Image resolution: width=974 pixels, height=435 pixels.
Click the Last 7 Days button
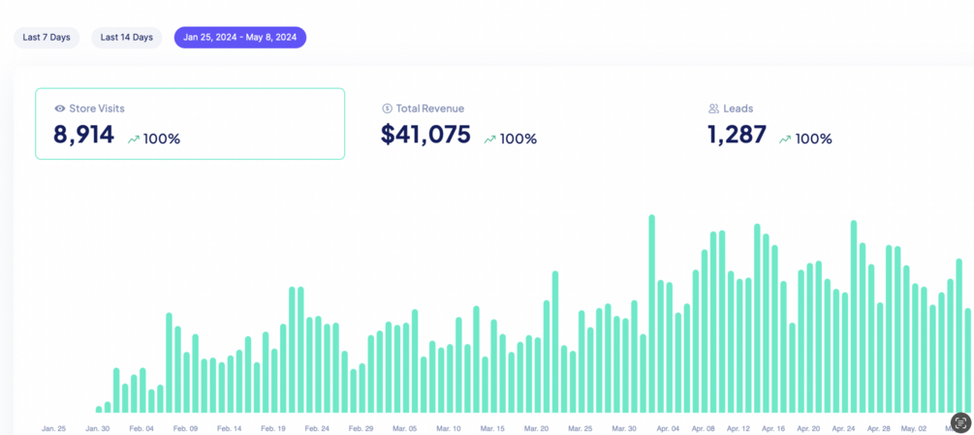pos(47,38)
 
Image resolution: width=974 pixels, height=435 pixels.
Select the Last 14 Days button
pos(127,38)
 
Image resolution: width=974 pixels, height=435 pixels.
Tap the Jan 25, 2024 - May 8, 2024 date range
pos(239,38)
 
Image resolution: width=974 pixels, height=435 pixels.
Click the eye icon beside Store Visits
pos(60,109)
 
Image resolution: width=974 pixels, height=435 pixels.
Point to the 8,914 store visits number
pos(83,135)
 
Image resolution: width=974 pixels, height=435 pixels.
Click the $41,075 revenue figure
pos(425,135)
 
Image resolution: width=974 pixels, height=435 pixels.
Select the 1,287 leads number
pos(737,135)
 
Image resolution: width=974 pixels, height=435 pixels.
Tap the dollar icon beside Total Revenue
pos(387,109)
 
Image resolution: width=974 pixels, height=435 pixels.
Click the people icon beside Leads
pos(713,109)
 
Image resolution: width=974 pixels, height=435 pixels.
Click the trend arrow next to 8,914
pos(134,140)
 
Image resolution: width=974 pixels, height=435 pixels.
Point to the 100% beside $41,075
pos(518,140)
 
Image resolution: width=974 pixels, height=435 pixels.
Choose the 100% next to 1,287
pos(813,140)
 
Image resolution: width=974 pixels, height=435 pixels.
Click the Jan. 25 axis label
pos(54,428)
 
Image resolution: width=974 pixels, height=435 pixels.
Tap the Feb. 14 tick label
pos(229,428)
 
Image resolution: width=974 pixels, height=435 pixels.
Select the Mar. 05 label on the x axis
pos(405,428)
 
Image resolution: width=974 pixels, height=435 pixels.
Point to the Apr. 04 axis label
pos(668,428)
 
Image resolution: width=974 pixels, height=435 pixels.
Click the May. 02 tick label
pos(914,428)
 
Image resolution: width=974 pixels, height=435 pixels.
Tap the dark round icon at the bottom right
pos(960,422)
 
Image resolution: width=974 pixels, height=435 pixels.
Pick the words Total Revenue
pos(429,109)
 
